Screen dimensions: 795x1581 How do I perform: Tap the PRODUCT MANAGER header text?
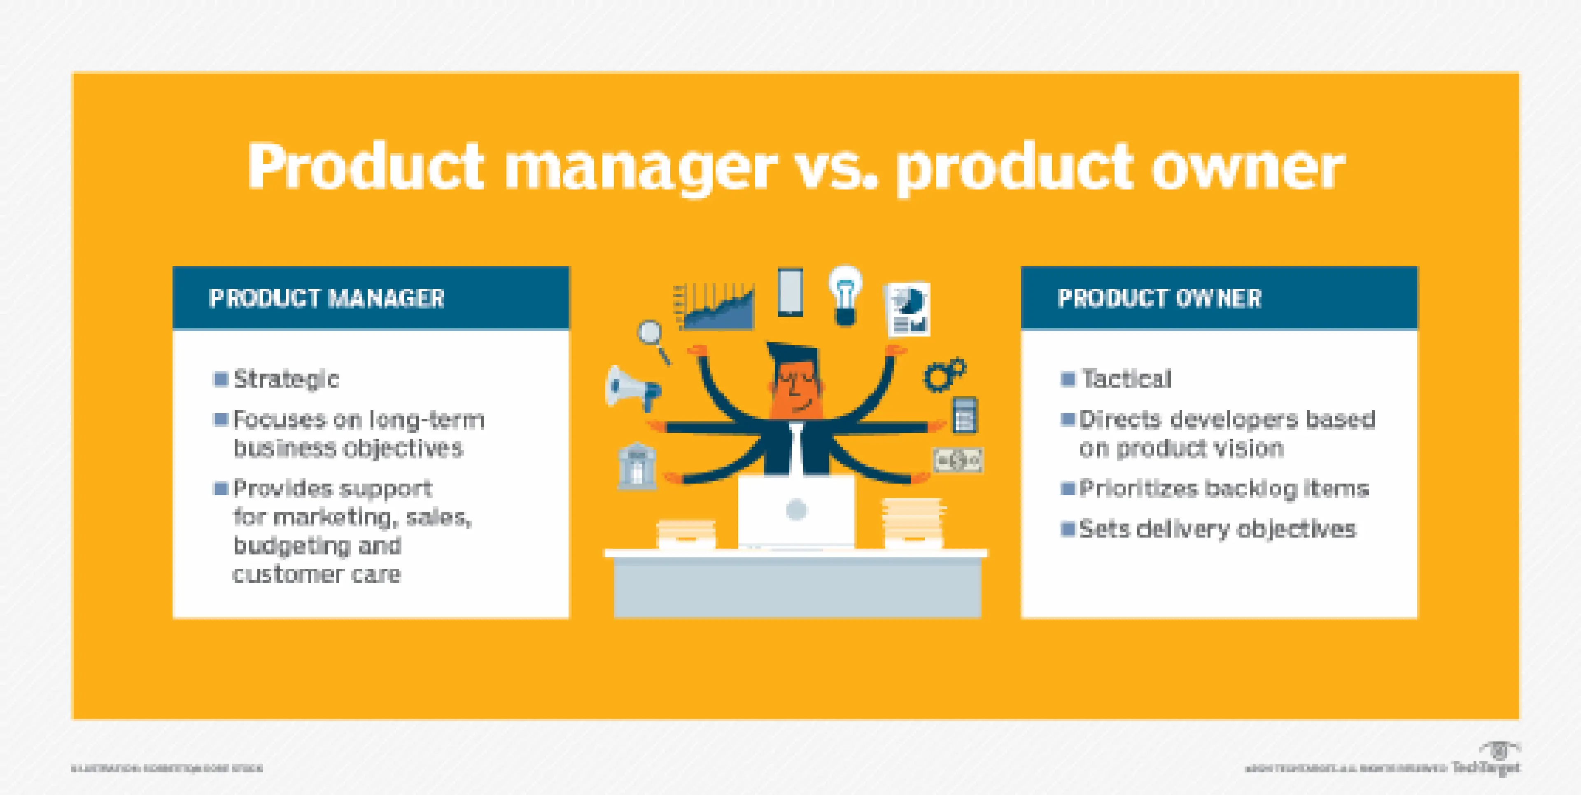pos(326,298)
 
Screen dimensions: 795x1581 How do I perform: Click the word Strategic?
pos(286,379)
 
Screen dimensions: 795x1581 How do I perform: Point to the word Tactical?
pos(1127,379)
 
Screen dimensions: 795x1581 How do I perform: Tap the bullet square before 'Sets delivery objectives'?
pos(1068,528)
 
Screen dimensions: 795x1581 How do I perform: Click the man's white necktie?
pos(796,451)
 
